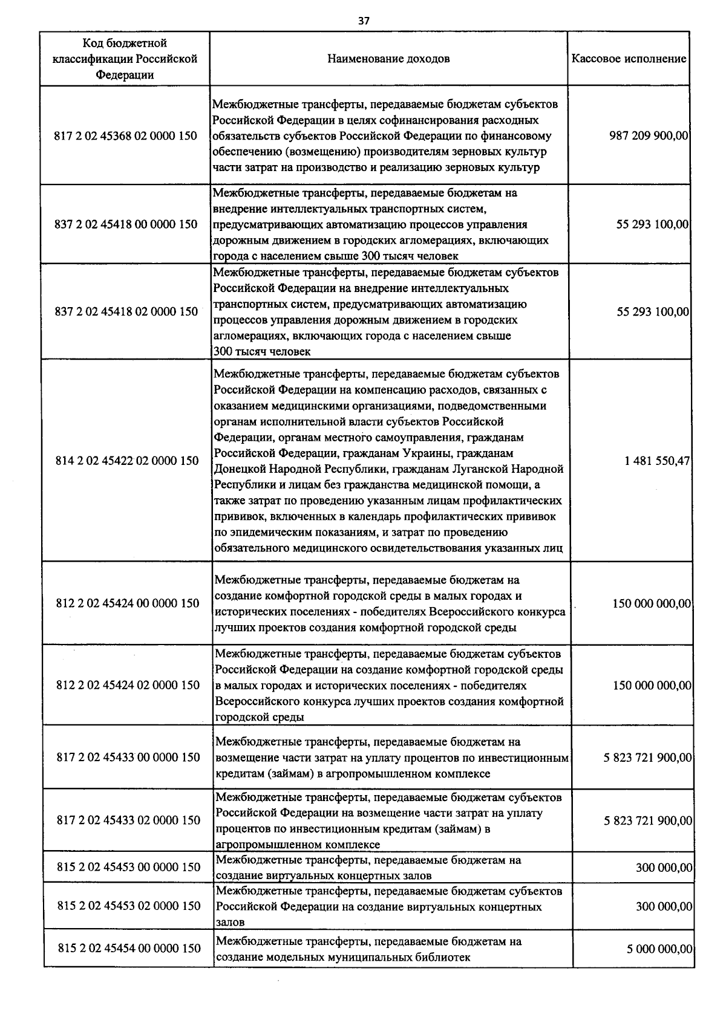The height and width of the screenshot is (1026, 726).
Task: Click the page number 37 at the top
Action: tap(363, 21)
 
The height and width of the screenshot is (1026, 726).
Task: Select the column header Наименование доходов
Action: tap(388, 59)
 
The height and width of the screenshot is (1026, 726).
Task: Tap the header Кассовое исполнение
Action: tap(629, 59)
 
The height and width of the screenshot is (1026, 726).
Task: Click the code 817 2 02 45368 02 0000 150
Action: tap(126, 136)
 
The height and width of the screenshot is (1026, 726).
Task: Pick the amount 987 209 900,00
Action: tap(649, 136)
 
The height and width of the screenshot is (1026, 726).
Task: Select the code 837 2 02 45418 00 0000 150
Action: tap(126, 224)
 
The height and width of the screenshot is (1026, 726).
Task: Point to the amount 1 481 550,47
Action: tap(657, 461)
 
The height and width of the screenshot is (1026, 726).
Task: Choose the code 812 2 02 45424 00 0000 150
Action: tap(127, 603)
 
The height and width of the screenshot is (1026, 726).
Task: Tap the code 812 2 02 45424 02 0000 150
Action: tap(127, 685)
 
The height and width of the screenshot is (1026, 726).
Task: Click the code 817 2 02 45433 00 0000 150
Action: tap(128, 757)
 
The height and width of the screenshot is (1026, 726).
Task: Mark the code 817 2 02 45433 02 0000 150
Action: tap(128, 820)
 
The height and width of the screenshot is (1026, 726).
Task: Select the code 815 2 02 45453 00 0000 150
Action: tap(128, 867)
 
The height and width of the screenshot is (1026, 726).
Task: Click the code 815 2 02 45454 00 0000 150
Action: tap(129, 948)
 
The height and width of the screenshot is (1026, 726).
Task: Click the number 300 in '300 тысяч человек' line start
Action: tap(222, 351)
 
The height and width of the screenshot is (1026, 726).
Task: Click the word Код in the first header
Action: tap(94, 43)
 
